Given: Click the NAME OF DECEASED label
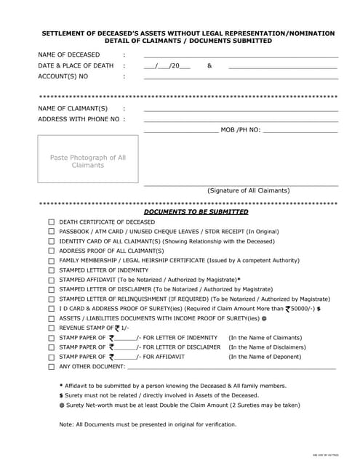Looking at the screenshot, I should point(69,55).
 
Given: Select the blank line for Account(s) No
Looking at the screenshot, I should point(241,77).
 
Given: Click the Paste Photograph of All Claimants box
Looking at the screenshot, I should point(88,161).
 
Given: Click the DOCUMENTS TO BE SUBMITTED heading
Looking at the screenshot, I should point(196,212).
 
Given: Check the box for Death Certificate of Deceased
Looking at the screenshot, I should point(52,222).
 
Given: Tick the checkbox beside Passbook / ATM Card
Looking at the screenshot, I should point(52,232).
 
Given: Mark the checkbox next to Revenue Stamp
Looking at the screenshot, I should point(52,328).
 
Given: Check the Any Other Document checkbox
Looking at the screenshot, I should point(52,367).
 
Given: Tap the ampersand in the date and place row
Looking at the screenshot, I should point(209,66).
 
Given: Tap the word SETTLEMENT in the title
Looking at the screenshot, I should point(64,33).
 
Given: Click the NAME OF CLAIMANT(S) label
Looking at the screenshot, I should point(73,108).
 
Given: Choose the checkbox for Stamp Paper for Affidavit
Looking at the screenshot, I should point(52,357).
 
